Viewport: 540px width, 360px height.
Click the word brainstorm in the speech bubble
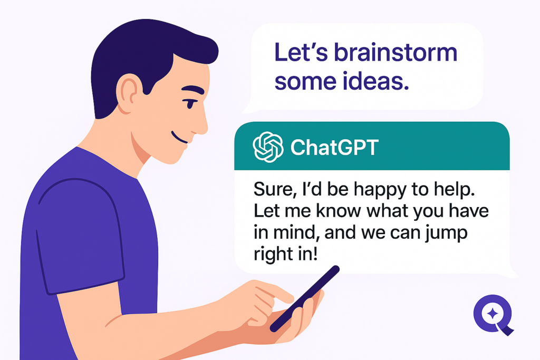pos(396,53)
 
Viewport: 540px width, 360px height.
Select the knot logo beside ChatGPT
pos(268,147)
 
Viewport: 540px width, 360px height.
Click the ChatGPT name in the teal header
pos(334,147)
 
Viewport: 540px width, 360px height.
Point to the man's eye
pos(190,103)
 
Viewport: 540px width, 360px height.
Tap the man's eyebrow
pos(193,90)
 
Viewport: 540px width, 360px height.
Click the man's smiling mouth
pos(179,138)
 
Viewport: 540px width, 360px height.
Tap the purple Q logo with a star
pos(493,315)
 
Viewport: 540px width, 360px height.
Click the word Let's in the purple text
pos(301,53)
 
